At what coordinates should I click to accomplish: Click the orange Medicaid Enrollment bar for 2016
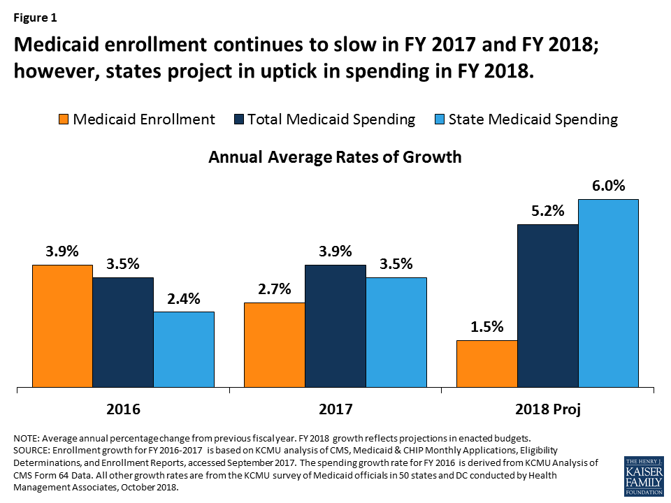coord(62,325)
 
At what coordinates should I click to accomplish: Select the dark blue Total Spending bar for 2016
coord(123,331)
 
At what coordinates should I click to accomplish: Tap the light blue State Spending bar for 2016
coord(184,349)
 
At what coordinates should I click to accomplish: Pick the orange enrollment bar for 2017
coord(274,344)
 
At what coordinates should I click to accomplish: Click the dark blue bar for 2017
coord(335,325)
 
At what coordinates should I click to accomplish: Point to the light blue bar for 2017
coord(396,331)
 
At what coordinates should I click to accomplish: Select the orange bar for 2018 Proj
coord(486,363)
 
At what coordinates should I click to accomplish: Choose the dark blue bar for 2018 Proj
coord(547,305)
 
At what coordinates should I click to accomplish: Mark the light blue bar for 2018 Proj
coord(608,292)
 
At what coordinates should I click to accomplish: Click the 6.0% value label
coord(608,187)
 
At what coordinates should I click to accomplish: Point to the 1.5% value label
coord(486,327)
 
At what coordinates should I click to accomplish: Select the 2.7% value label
coord(274,289)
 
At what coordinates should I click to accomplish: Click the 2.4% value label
coord(184,299)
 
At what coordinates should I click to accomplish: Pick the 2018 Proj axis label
coord(547,409)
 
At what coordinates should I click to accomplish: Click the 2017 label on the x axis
coord(335,409)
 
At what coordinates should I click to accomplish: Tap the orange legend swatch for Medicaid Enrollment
coord(63,119)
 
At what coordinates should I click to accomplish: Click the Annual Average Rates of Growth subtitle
coord(335,156)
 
